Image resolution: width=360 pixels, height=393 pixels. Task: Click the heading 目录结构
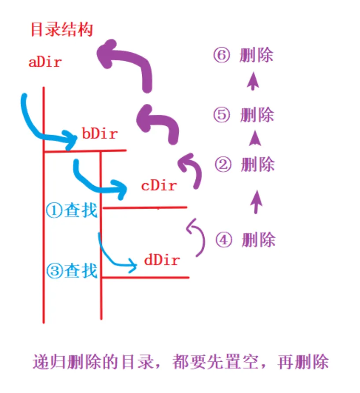[62, 30]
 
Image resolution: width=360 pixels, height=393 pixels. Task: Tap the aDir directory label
[45, 62]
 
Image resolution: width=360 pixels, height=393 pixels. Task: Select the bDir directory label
[100, 133]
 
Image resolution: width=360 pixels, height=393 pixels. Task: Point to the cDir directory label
[159, 185]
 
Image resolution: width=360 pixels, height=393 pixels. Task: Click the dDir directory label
[162, 260]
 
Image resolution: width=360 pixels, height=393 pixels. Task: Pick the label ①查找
[71, 210]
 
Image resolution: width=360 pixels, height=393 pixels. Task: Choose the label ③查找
[71, 270]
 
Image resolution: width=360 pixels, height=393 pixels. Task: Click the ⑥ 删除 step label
[242, 56]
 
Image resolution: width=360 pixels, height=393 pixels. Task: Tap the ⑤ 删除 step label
[243, 115]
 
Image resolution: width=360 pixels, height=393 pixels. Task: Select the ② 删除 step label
[245, 165]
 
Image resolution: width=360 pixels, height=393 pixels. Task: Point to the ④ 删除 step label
[245, 240]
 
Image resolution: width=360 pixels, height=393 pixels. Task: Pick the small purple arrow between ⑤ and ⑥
[252, 82]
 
